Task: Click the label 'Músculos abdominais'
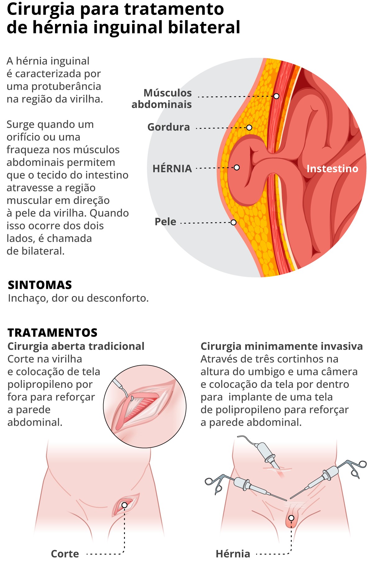[162, 99]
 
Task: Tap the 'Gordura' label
[168, 127]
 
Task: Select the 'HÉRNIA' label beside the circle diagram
[172, 169]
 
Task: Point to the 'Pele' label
[165, 222]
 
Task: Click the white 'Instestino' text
[332, 169]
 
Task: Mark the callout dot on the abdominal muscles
[276, 96]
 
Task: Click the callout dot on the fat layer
[249, 127]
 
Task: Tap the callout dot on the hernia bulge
[237, 168]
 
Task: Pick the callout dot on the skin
[233, 222]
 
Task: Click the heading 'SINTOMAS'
[40, 285]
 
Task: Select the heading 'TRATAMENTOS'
[53, 333]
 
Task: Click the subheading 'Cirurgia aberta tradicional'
[76, 346]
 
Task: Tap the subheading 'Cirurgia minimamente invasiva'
[282, 346]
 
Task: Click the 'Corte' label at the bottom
[65, 553]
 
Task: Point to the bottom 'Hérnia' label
[233, 553]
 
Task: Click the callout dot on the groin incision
[124, 505]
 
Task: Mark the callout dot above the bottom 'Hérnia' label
[291, 518]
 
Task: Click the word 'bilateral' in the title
[204, 27]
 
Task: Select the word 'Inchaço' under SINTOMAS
[28, 298]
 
